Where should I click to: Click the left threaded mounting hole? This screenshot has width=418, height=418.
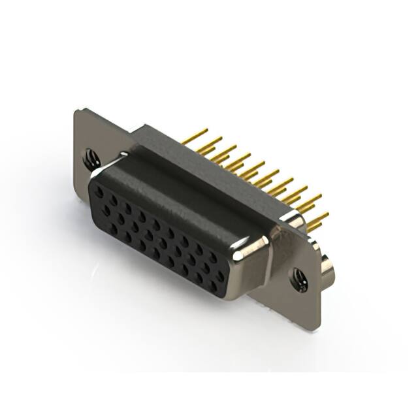[x=90, y=157]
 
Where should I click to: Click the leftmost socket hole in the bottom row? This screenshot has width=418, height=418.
[x=104, y=216]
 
